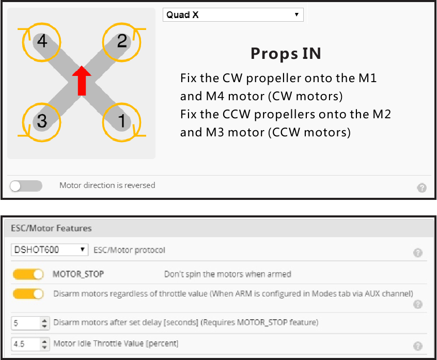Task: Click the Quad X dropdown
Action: coord(233,15)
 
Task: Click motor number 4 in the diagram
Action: coord(42,41)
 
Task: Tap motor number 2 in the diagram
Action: coord(121,41)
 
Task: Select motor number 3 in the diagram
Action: coord(42,121)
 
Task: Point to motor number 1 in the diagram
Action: coord(121,121)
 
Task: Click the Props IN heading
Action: coord(286,54)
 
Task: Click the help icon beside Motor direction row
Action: coord(422,188)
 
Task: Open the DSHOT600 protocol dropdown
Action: coord(50,250)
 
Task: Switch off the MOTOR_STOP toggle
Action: coord(28,274)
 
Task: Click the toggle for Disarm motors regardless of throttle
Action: coord(28,294)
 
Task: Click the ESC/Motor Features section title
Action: coord(51,228)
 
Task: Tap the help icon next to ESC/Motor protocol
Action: coord(418,253)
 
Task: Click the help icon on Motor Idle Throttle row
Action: coord(418,347)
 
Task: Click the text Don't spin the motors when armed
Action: coord(227,274)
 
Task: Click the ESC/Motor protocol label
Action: coord(129,250)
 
